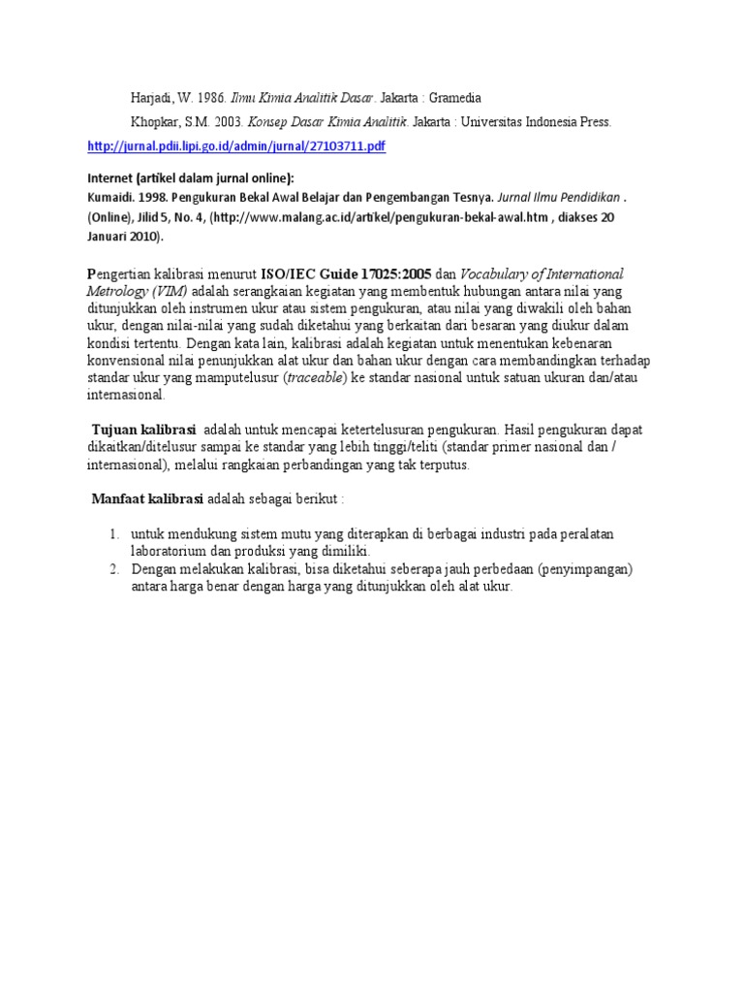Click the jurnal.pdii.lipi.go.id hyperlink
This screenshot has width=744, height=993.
pyautogui.click(x=235, y=146)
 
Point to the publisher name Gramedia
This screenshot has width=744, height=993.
pyautogui.click(x=449, y=99)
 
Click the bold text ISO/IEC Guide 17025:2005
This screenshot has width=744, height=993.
pyautogui.click(x=346, y=274)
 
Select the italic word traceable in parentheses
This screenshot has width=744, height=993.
pyautogui.click(x=317, y=378)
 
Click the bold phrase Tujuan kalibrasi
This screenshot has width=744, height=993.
pyautogui.click(x=143, y=430)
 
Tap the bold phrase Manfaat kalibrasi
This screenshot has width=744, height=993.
pyautogui.click(x=146, y=498)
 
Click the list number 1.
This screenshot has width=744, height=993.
pyautogui.click(x=113, y=534)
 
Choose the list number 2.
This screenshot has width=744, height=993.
pyautogui.click(x=113, y=569)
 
